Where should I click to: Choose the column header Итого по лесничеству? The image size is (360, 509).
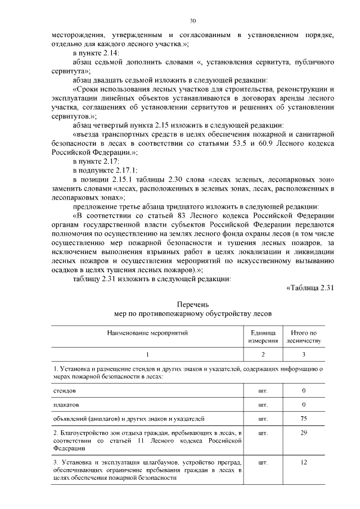[x=304, y=337]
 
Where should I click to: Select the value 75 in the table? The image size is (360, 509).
[x=304, y=419]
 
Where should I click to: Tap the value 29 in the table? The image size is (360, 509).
[x=304, y=434]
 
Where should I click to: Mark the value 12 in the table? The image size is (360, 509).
[x=304, y=462]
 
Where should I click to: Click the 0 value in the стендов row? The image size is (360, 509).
[x=304, y=390]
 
